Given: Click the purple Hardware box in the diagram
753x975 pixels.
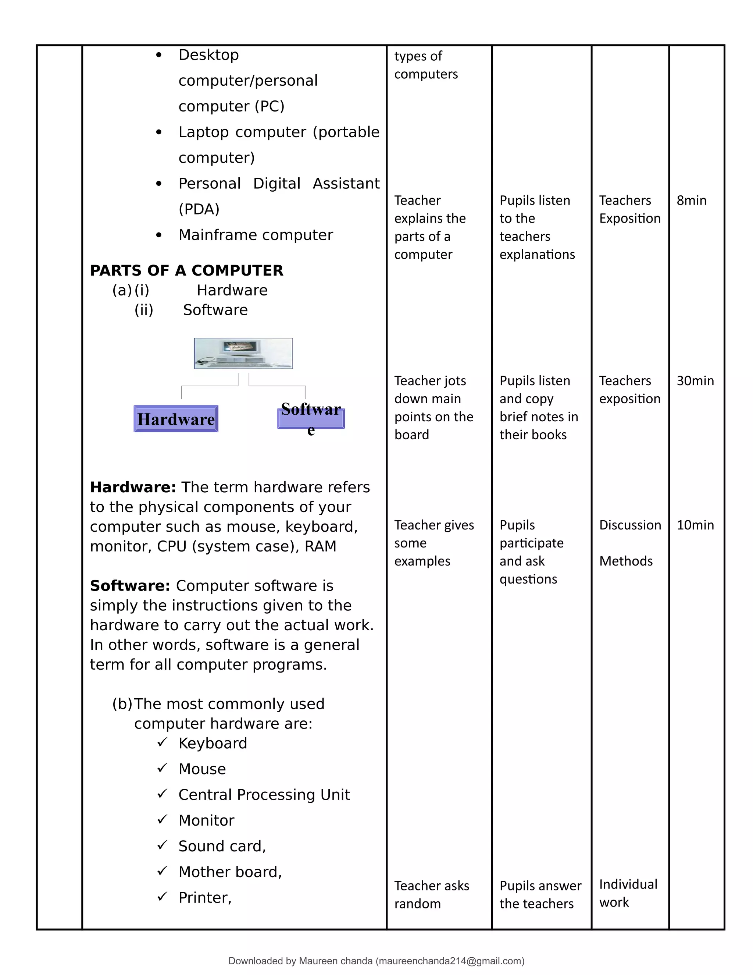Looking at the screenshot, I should coord(176,419).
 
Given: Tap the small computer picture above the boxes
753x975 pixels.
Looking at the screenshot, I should coord(243,353).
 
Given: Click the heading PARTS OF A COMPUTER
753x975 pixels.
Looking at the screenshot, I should coord(186,270).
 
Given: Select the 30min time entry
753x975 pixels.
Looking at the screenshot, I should coord(695,381).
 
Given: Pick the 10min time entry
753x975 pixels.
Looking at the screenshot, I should coord(695,525).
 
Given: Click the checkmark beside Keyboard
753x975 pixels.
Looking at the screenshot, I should coord(162,742).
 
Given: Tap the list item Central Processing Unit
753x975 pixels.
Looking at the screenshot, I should coord(264,794).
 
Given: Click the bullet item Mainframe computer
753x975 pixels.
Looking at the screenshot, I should coord(256,235).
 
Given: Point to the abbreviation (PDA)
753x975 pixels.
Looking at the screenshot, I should coord(199,209).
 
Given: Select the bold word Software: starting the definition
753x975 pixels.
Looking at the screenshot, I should coord(130,585).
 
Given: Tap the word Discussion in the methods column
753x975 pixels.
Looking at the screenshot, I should coord(629,525).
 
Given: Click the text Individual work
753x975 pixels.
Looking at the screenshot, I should coord(628,893).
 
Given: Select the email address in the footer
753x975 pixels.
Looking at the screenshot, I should coord(450,961).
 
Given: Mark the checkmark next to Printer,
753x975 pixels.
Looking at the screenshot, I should coord(162,896).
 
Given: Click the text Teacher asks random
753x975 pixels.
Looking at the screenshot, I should coord(431,894).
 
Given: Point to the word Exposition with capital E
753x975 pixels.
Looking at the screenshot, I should coord(629,218).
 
